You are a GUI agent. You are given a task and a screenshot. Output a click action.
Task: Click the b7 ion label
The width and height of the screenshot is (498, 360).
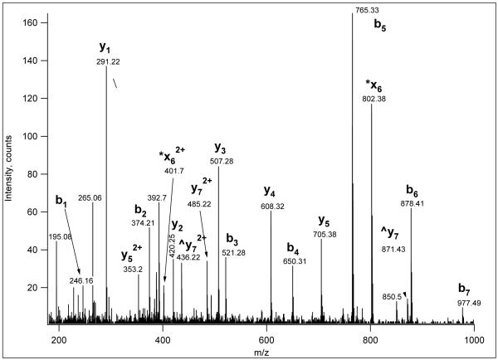coord(463,289)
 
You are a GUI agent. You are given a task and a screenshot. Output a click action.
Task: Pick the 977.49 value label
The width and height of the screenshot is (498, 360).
coord(463,303)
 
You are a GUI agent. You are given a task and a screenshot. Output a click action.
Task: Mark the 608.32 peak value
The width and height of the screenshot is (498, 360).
coord(271,207)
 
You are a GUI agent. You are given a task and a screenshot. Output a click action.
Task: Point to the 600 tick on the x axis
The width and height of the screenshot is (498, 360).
coord(266,340)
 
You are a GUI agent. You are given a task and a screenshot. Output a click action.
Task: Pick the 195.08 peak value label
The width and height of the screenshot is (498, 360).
coord(59,236)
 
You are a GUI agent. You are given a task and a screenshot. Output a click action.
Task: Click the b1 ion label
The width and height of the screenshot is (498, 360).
coord(61,201)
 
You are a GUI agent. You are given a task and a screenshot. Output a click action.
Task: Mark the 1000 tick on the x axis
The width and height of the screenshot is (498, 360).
coord(474,340)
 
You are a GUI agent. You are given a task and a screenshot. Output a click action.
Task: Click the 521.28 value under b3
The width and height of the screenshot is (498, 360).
coord(234,252)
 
